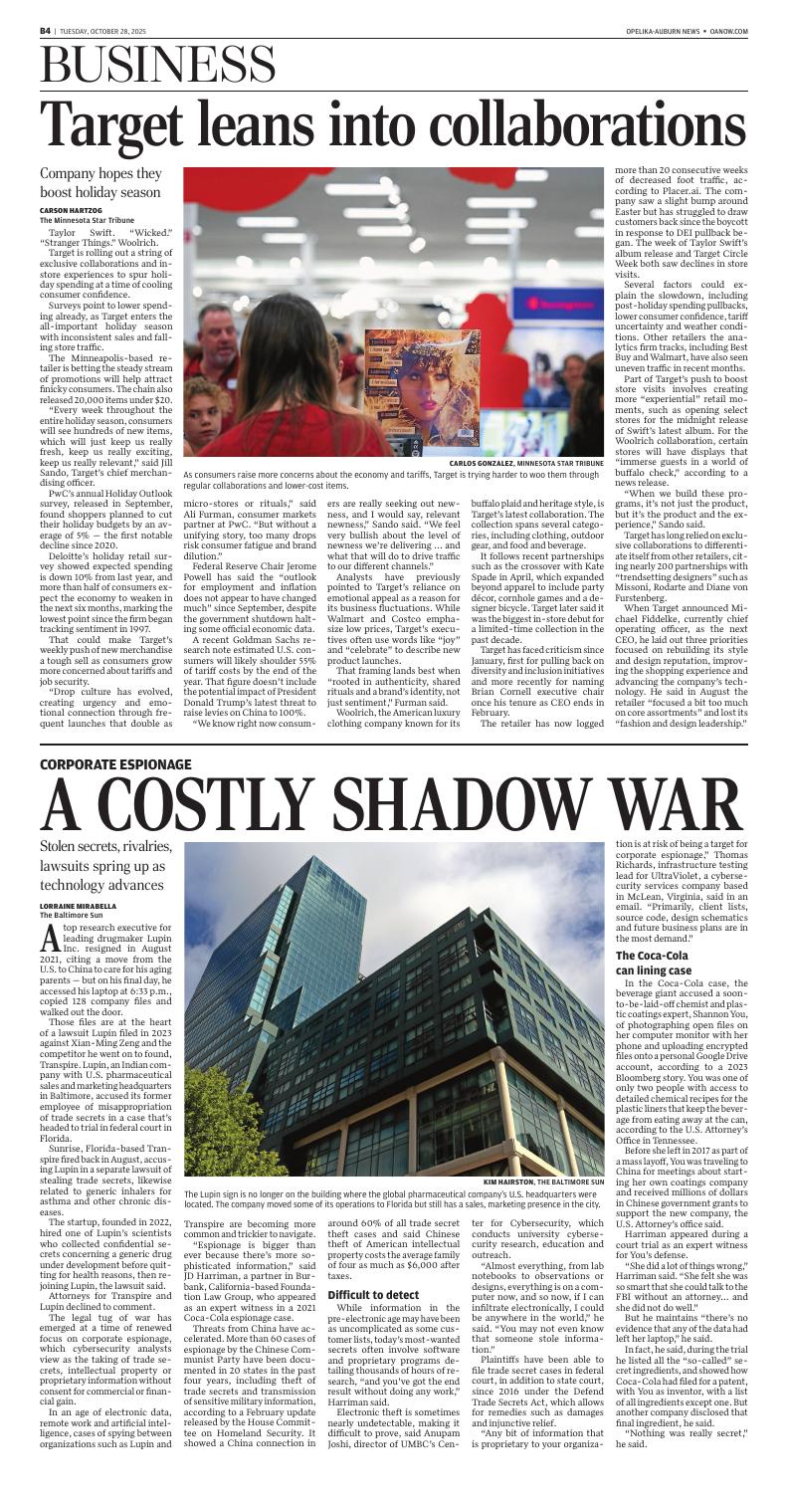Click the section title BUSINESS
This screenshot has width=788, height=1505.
click(x=160, y=64)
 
